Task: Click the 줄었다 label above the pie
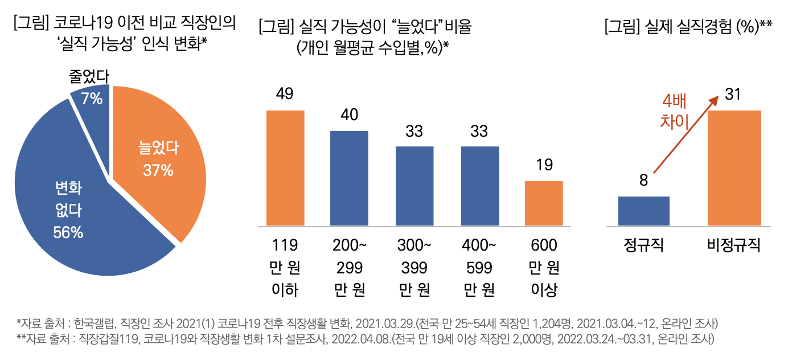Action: [x=90, y=77]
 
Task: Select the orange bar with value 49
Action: [x=285, y=168]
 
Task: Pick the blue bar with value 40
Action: [x=350, y=178]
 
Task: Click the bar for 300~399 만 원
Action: [x=414, y=186]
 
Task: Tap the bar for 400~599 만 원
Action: [x=480, y=186]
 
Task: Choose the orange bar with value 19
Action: [x=544, y=203]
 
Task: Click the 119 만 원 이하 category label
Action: [x=285, y=268]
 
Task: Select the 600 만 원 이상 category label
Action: [x=544, y=268]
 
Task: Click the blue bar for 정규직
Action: [x=643, y=211]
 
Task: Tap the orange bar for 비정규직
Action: [x=734, y=168]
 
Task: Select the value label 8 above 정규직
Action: [x=643, y=181]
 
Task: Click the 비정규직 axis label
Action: [x=734, y=246]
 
